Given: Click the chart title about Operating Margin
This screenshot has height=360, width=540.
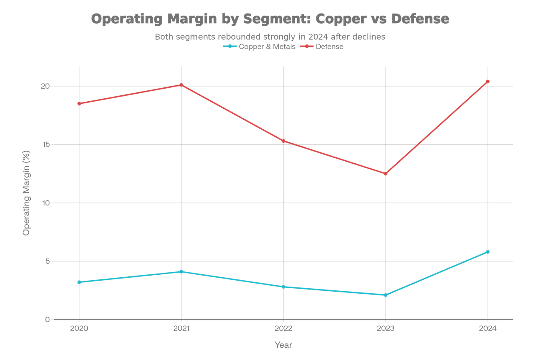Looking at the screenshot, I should coord(270,19).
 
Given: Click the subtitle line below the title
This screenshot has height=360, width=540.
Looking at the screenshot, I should coord(270,37).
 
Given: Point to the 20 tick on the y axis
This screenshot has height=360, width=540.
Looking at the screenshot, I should coord(45,86).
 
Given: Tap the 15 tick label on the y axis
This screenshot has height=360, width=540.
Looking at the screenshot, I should coord(46,144).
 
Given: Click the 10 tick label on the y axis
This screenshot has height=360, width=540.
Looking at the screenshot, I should coord(45,203).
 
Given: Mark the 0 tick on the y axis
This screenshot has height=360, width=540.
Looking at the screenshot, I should coord(46,319).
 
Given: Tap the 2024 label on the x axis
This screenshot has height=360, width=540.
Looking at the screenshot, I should coord(488,328).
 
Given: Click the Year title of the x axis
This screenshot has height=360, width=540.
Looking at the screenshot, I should coord(283,344).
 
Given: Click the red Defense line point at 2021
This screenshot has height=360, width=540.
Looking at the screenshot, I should coord(181,84).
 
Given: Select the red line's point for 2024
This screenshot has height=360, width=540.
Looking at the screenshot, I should coord(488,81).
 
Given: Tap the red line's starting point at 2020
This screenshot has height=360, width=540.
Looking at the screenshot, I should coord(79,103).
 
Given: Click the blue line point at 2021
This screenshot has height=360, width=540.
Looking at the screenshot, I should coord(181,271).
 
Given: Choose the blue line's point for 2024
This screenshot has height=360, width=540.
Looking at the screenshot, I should coord(488,252).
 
